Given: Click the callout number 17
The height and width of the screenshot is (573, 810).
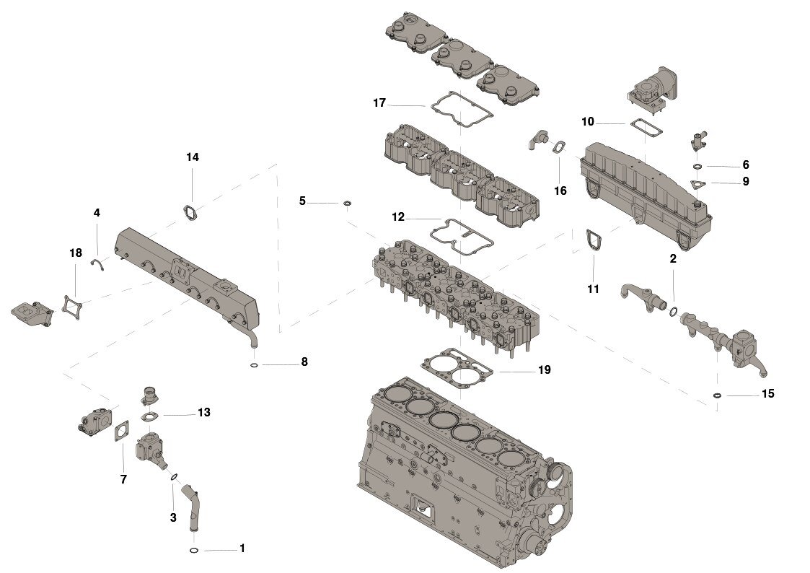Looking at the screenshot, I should click(379, 102).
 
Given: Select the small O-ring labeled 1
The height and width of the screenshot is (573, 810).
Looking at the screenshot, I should click(194, 551).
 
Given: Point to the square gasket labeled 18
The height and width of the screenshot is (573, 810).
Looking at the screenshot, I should click(71, 305).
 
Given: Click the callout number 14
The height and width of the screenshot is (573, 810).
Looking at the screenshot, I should click(192, 157).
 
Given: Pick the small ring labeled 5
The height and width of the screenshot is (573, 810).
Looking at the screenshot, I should click(347, 204).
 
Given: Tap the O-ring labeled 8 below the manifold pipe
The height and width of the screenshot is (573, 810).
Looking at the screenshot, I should click(255, 365).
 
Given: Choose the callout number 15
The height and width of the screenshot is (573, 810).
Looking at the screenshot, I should click(767, 393).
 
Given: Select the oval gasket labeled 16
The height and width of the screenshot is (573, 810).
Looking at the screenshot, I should click(559, 148).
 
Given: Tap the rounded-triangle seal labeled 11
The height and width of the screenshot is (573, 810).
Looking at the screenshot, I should click(593, 240).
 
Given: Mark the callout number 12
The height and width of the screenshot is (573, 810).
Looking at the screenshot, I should click(398, 216).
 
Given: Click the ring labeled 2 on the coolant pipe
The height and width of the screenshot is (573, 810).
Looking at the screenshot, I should click(673, 311).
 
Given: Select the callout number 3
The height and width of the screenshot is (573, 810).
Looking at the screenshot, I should click(173, 517).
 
